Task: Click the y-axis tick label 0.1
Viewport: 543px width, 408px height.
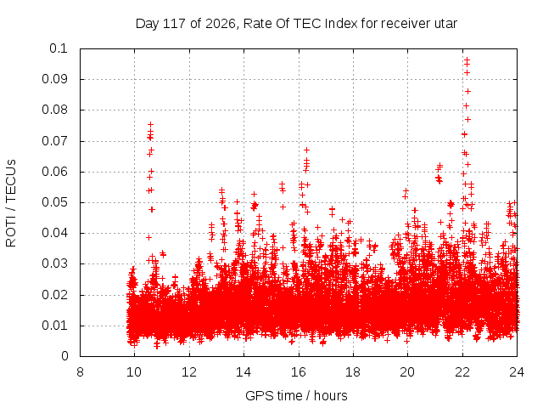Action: pyautogui.click(x=59, y=48)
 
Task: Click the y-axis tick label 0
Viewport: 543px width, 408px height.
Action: pyautogui.click(x=64, y=356)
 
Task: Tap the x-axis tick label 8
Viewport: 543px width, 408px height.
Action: pyautogui.click(x=80, y=372)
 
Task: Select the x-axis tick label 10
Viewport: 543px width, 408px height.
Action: pyautogui.click(x=134, y=372)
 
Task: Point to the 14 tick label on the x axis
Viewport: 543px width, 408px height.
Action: pyautogui.click(x=244, y=372)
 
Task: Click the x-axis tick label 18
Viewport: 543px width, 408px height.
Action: pyautogui.click(x=353, y=372)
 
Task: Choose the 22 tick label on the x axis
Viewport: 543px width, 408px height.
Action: pyautogui.click(x=462, y=372)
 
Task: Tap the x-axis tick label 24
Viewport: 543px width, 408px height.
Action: pyautogui.click(x=517, y=372)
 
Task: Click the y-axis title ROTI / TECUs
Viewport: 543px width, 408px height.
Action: pyautogui.click(x=11, y=203)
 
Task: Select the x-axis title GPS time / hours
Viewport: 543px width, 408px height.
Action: pyautogui.click(x=296, y=395)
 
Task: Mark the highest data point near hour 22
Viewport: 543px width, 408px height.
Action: pyautogui.click(x=467, y=59)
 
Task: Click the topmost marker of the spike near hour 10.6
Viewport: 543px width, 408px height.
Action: pyautogui.click(x=151, y=124)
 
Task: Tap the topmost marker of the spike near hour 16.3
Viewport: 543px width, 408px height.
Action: pyautogui.click(x=306, y=150)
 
